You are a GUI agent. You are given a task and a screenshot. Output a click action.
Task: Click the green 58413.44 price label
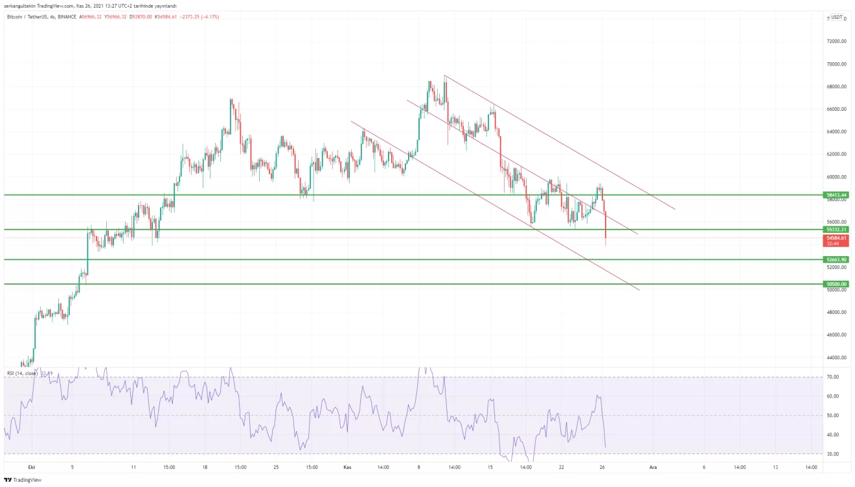(836, 195)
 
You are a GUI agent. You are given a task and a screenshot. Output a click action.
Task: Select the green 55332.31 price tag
(836, 230)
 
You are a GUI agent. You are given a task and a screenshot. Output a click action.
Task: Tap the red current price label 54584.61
(836, 238)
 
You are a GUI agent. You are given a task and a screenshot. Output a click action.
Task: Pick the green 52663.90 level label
(836, 259)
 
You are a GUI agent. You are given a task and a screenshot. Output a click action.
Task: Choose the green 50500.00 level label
(836, 284)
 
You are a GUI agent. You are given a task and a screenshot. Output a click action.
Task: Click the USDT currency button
(837, 18)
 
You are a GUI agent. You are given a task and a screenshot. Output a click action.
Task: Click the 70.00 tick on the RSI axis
(833, 377)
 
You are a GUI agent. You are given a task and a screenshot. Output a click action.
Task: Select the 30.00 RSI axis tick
(833, 454)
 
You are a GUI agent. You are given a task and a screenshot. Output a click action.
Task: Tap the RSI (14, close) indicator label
(23, 373)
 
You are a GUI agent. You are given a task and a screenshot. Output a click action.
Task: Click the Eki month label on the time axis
(31, 466)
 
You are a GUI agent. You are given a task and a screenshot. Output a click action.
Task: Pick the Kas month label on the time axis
(347, 466)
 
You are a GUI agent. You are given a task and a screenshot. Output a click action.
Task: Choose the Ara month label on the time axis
(653, 466)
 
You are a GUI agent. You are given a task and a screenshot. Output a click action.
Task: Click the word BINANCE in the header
(67, 16)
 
